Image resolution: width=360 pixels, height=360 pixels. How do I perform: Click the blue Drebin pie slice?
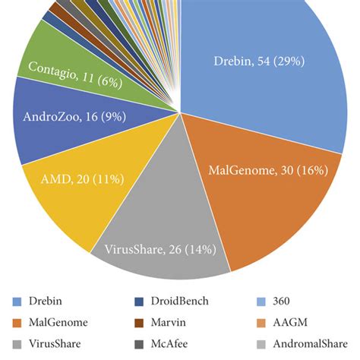pyautogui.click(x=251, y=91)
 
